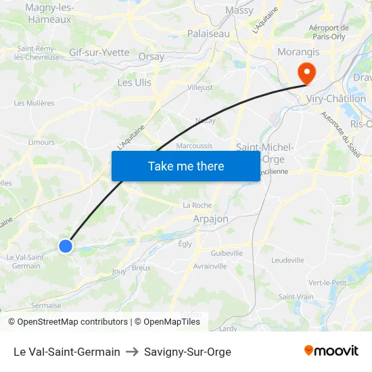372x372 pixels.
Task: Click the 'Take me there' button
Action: click(185, 166)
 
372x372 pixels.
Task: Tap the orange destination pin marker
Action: click(306, 73)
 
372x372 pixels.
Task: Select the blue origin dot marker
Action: click(66, 246)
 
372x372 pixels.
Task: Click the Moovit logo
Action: click(331, 351)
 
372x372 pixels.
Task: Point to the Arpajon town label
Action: click(210, 219)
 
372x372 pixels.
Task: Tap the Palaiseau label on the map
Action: click(208, 33)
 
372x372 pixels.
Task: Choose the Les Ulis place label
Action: click(135, 83)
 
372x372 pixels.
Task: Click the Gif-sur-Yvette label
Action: click(99, 52)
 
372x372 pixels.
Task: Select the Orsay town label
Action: click(151, 57)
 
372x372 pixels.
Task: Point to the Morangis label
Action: click(298, 51)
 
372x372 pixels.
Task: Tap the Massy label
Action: click(239, 11)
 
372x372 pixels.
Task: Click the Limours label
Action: click(41, 142)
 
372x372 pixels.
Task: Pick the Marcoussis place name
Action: click(194, 145)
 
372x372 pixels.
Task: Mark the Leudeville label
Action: click(287, 260)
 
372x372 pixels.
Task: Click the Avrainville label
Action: click(210, 266)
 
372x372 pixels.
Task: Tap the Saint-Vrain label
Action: click(296, 296)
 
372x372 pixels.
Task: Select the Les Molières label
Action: click(34, 103)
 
